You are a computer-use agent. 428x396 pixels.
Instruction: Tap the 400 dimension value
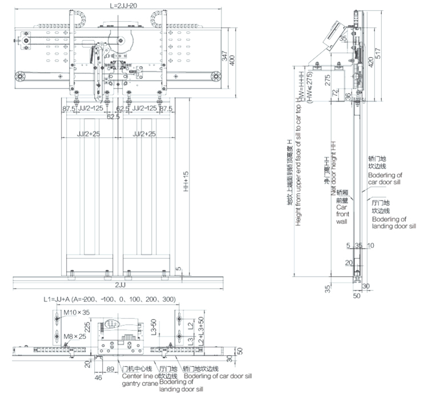pos(232,59)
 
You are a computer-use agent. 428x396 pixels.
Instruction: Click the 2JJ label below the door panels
pos(121,284)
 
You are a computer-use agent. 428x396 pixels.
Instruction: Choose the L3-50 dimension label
pos(152,331)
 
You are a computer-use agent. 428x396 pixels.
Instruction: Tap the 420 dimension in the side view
pos(370,62)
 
